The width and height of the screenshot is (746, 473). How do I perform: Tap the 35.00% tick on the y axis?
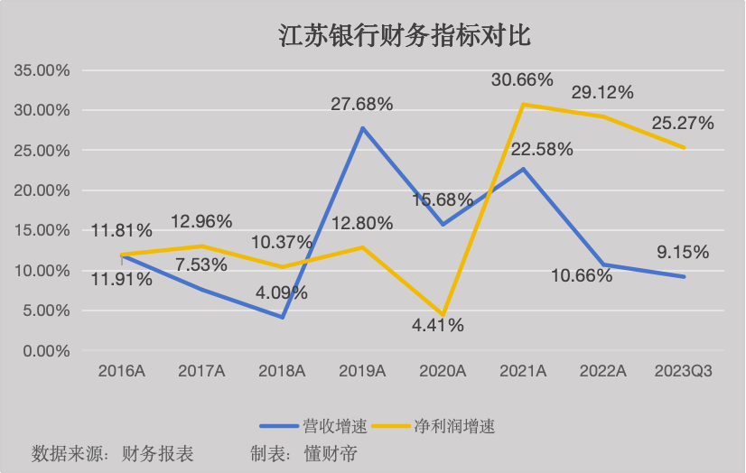coord(41,70)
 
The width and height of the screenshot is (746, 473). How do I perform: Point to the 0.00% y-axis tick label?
coord(44,350)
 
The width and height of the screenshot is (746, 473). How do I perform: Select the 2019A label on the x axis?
coord(362,370)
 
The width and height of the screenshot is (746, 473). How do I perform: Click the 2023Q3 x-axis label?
coord(683,370)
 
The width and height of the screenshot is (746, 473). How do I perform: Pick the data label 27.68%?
coord(362,105)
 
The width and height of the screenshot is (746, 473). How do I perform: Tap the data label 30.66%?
coord(522,80)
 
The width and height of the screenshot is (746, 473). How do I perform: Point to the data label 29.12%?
coord(602,92)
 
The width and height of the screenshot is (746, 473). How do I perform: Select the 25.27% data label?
coord(683,123)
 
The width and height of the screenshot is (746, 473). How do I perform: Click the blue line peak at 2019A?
coord(362,128)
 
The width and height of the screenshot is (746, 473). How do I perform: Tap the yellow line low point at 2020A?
coord(443,315)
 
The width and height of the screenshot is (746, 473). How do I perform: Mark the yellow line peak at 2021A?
coord(523,105)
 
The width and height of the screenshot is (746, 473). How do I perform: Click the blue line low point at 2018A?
coord(282,318)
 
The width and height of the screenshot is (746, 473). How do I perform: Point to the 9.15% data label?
coord(683,253)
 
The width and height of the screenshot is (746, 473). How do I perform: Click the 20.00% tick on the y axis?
coord(41,190)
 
